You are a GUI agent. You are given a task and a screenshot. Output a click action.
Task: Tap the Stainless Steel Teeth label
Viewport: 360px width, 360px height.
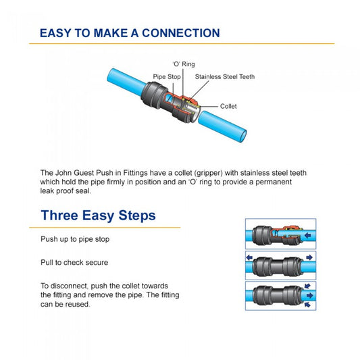(225, 77)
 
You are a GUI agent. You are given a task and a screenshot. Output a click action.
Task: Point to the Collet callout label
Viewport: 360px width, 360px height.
(228, 106)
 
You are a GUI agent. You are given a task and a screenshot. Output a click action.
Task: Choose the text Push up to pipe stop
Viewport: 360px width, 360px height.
(75, 240)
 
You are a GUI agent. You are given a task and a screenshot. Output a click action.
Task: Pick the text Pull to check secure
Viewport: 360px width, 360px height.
(74, 261)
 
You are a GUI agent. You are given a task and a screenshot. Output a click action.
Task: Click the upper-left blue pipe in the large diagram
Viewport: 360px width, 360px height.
(124, 80)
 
